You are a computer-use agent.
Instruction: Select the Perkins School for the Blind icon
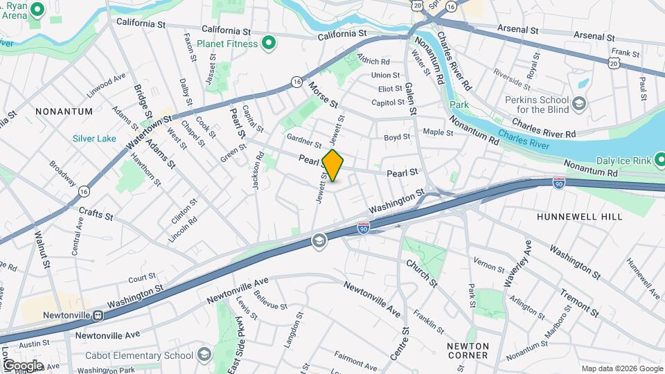[x=578, y=105]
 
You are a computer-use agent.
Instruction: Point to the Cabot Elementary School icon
[x=204, y=355]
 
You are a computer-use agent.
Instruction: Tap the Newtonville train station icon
[x=99, y=315]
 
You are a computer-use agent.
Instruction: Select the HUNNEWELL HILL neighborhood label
[x=579, y=217]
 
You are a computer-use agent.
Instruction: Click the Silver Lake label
[x=95, y=139]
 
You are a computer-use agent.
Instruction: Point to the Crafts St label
[x=96, y=214]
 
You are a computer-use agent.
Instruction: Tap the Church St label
[x=422, y=273]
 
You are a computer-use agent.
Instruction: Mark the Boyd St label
[x=397, y=137]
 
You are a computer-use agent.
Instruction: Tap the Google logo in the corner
[x=22, y=365]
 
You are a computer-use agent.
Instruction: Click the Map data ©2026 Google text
[x=621, y=368]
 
